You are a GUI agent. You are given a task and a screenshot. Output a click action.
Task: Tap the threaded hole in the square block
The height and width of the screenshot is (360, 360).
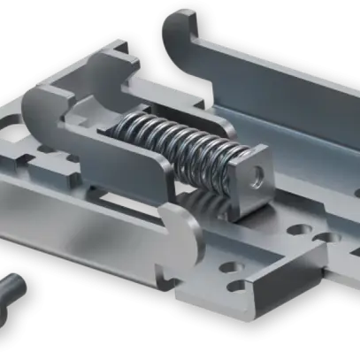tap(258, 173)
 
